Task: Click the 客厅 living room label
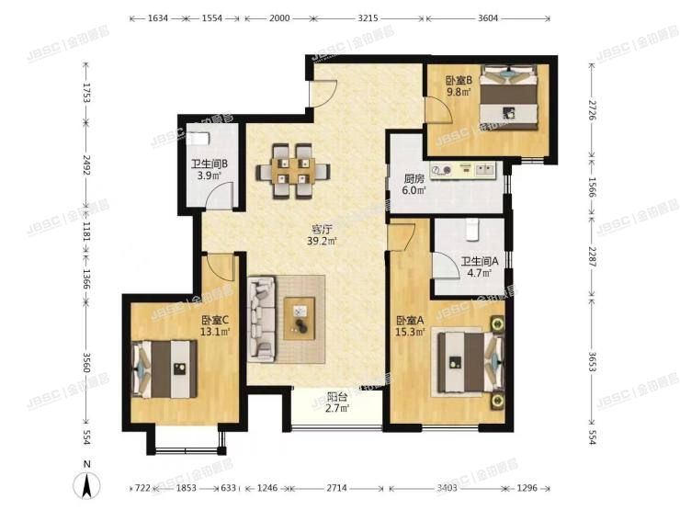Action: [x=320, y=236]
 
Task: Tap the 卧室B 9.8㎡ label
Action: [x=459, y=86]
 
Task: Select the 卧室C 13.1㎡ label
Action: [x=215, y=326]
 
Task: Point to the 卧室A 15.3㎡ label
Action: [x=409, y=326]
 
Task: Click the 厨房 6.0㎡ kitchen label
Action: [x=414, y=186]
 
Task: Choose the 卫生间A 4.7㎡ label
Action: [x=479, y=266]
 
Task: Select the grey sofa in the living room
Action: [x=263, y=318]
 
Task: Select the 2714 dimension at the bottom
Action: [x=338, y=488]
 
